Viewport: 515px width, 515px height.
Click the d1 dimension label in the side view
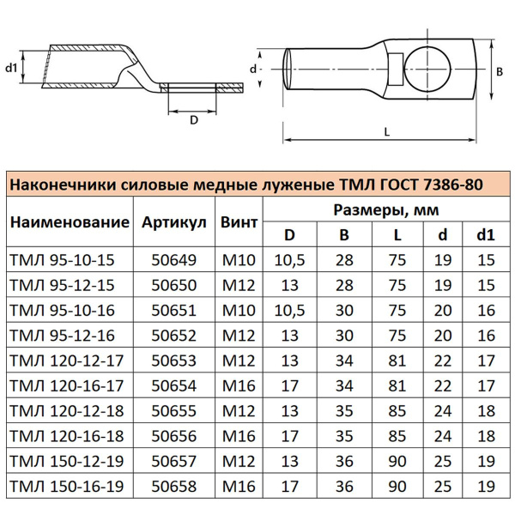pos(11,68)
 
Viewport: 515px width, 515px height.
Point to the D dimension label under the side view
pos(194,120)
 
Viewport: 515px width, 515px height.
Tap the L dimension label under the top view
pos(387,130)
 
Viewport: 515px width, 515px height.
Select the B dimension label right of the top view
pos(500,74)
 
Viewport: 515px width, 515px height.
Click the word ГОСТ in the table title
pos(371,184)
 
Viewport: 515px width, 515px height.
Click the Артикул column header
pos(174,222)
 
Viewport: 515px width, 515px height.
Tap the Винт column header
pos(239,222)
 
